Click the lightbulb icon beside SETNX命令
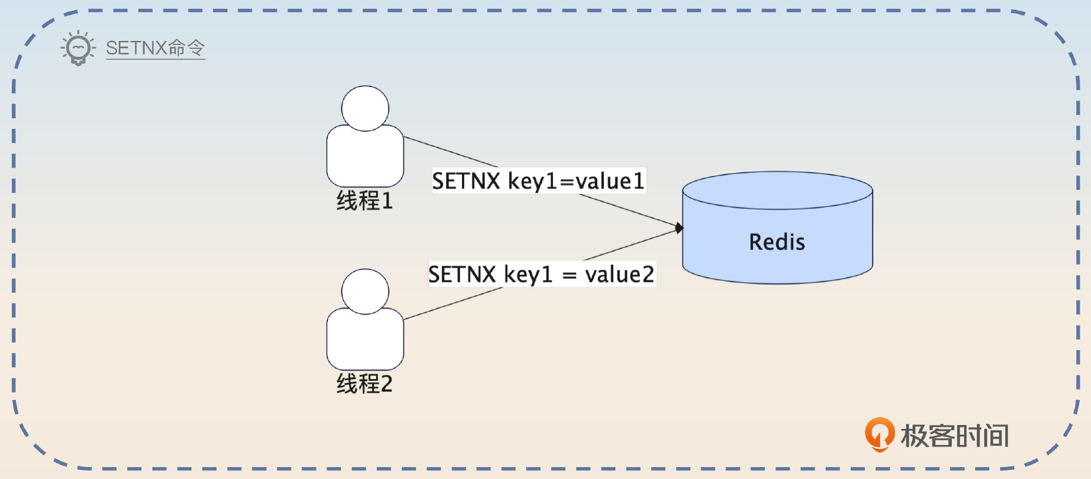[78, 48]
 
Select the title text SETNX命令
[155, 48]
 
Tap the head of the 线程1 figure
[365, 109]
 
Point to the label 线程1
[364, 201]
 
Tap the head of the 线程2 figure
[365, 291]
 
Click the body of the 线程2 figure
[365, 341]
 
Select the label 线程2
[364, 384]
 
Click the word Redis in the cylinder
[777, 242]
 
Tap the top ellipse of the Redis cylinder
[777, 190]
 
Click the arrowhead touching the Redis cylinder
[679, 228]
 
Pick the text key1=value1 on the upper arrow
[576, 181]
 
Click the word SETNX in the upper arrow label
[466, 181]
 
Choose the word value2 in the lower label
[619, 274]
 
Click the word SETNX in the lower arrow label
[462, 274]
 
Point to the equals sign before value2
[569, 276]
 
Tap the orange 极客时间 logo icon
[879, 435]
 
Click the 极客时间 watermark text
[955, 436]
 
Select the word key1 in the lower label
[528, 274]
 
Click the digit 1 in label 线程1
[387, 201]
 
